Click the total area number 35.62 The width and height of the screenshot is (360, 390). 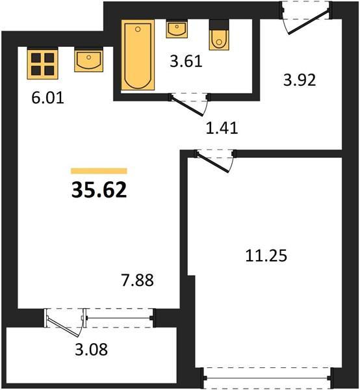tap(99, 190)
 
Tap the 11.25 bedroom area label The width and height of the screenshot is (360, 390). tap(266, 255)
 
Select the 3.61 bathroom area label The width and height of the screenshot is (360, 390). tap(186, 61)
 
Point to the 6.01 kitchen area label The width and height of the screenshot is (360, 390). tap(47, 97)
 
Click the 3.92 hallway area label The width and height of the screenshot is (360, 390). tap(300, 80)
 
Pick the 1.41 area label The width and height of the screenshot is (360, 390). tap(222, 128)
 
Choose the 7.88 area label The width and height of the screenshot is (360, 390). tap(138, 280)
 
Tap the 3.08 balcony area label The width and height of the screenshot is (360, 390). tap(92, 349)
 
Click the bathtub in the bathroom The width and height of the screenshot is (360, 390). tap(138, 55)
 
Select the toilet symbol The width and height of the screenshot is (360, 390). tap(219, 36)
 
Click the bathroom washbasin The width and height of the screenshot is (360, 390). tap(177, 29)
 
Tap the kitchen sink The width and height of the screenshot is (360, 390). tap(89, 60)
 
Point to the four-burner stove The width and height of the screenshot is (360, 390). tap(42, 64)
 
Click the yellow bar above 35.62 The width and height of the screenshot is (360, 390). tap(99, 171)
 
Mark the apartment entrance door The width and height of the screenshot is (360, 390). tap(308, 21)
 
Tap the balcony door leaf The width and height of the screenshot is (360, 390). tap(63, 328)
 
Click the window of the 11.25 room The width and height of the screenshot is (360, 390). tap(267, 378)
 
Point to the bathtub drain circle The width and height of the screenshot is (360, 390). tap(138, 29)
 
